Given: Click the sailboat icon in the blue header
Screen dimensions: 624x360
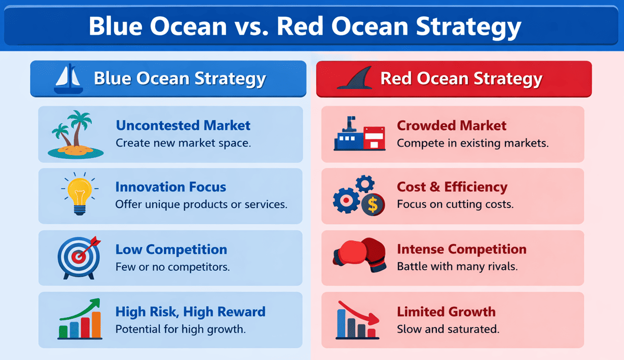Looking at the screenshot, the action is (x=69, y=79).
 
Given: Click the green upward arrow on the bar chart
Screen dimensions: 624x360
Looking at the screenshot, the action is (x=80, y=309).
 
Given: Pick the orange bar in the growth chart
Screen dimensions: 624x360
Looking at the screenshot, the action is (x=96, y=324).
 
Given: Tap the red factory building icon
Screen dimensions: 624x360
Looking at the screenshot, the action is (x=374, y=138).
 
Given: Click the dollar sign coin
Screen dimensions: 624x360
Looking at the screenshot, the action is (x=373, y=205).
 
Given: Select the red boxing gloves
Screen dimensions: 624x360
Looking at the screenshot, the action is (x=360, y=254).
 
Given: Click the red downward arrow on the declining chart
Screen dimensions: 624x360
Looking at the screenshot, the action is (x=359, y=313).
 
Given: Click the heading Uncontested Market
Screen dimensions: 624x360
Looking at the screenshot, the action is (x=183, y=125).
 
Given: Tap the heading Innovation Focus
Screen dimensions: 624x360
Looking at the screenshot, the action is (x=170, y=187).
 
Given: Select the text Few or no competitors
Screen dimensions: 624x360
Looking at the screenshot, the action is (x=173, y=267).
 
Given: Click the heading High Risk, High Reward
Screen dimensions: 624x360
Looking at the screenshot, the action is (x=191, y=312).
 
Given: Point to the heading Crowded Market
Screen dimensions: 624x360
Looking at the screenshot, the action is (x=452, y=125).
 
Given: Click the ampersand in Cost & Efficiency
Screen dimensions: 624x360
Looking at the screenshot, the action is (x=434, y=187).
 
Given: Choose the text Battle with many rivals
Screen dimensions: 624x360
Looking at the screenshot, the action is (x=457, y=266).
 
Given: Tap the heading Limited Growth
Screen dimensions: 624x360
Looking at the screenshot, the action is (x=446, y=312).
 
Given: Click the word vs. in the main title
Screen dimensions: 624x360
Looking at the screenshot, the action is (x=251, y=26).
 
